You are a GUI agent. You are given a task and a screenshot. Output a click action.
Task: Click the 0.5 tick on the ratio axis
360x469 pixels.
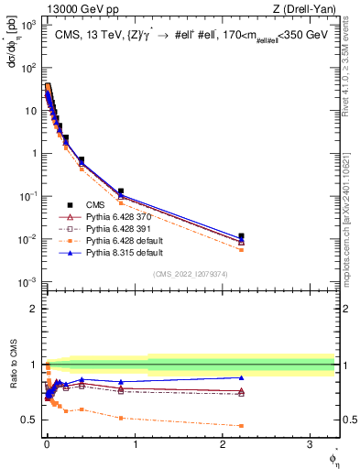pos(33,420)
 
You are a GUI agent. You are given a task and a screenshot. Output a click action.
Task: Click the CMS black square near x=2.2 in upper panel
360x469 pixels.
pos(241,236)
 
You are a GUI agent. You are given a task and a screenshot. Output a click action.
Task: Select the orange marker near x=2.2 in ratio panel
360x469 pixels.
pos(241,426)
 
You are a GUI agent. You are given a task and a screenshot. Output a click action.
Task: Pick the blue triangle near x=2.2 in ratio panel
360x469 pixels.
pos(241,377)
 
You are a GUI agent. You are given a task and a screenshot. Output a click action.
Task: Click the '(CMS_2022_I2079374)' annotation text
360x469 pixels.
pos(190,272)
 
